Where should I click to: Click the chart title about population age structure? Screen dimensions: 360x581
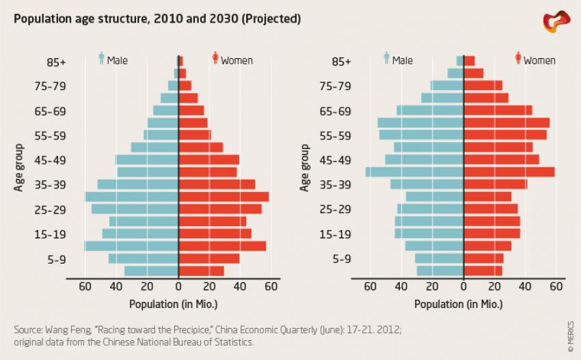coord(157,18)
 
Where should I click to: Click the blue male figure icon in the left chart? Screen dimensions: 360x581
coord(101,59)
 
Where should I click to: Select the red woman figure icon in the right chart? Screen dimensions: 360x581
coord(518,59)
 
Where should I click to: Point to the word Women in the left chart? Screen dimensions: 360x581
coord(237,61)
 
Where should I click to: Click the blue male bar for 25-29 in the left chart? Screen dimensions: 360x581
coord(135,209)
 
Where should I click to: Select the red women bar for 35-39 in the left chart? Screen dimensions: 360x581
coord(216,184)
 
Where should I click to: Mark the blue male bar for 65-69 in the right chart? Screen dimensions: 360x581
coord(431,110)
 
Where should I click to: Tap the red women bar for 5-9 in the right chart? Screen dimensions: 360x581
coord(483,259)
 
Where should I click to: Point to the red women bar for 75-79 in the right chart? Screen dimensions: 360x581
coord(483,85)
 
